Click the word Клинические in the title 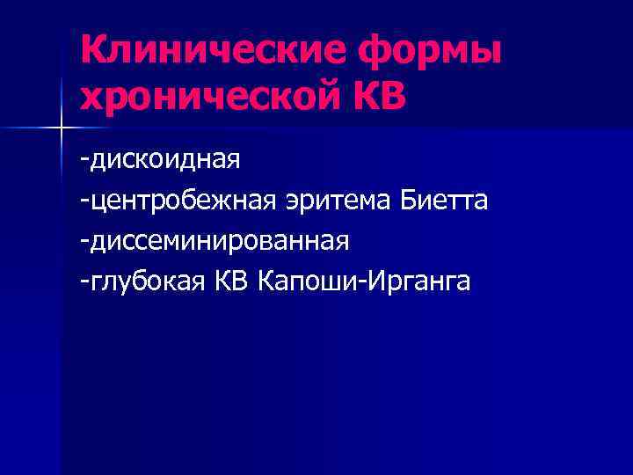(207, 50)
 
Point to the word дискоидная (163, 162)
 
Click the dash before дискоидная (82, 163)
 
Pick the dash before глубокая (82, 282)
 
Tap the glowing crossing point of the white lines (61, 129)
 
